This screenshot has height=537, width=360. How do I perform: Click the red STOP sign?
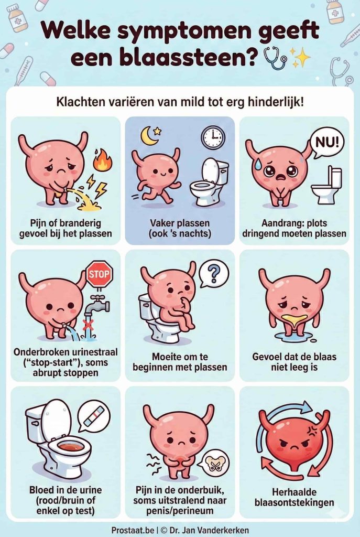tap(99, 274)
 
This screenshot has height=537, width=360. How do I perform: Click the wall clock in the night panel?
tap(213, 137)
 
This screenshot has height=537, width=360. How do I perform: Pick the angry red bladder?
tap(294, 441)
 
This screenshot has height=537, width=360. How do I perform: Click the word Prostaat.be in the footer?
tap(133, 530)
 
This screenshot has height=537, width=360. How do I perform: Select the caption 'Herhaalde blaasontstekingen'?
tap(294, 497)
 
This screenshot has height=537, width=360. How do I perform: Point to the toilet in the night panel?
tap(210, 181)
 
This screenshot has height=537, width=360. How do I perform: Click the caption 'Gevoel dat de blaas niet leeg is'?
tap(294, 362)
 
